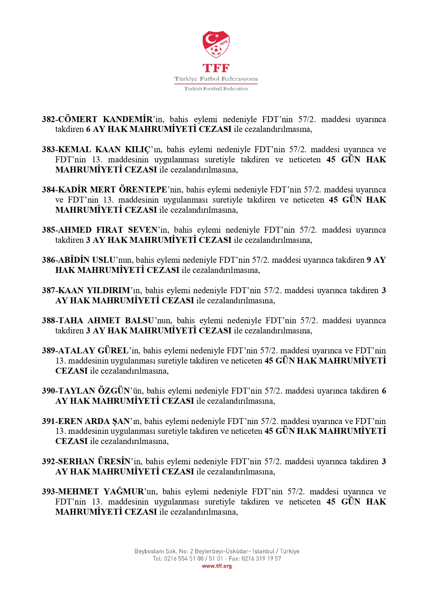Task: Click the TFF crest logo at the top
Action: [x=216, y=44]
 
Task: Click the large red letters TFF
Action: [x=216, y=68]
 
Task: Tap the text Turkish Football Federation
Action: [x=216, y=89]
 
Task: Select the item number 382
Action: [x=48, y=119]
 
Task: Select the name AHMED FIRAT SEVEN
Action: [x=108, y=230]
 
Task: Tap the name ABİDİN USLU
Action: [x=87, y=260]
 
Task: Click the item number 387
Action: [x=48, y=290]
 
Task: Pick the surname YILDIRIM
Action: [x=108, y=290]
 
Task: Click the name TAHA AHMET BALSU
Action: [x=106, y=320]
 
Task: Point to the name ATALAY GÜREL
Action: [x=93, y=351]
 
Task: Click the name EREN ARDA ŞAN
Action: [x=94, y=421]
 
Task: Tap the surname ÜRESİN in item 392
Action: [x=114, y=461]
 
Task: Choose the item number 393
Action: [x=48, y=492]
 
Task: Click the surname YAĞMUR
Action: [x=124, y=492]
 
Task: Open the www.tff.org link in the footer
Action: [x=217, y=566]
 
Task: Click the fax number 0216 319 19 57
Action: [x=261, y=559]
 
